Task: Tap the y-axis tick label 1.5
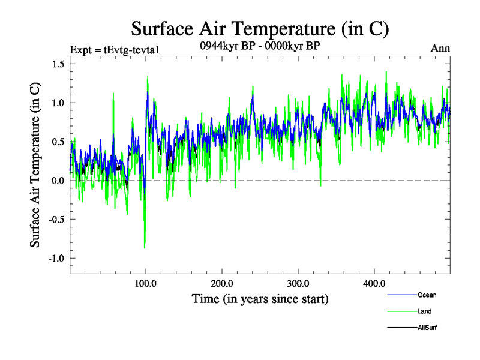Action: point(56,64)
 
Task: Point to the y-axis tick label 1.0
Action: point(56,103)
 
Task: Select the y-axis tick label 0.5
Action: point(56,142)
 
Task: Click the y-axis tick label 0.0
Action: point(56,181)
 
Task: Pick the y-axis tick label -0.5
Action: point(55,219)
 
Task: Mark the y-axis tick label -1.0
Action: point(55,258)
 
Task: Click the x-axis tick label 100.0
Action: point(146,283)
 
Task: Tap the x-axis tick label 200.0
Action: point(222,283)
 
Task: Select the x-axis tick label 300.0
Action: point(298,283)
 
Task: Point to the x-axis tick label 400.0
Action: point(374,283)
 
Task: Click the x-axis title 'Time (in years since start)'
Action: point(260,298)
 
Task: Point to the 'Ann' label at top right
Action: point(440,49)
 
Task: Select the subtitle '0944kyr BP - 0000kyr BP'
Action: point(260,46)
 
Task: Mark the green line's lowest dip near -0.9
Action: point(145,248)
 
